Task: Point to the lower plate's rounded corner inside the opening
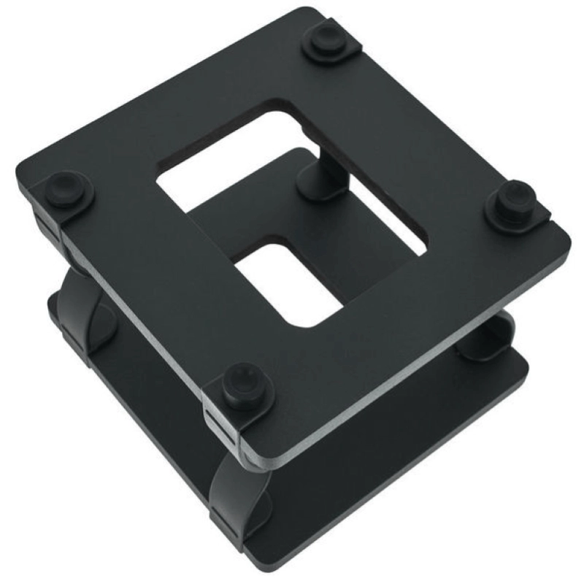pos(259,245)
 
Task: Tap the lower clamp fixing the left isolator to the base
pos(73,339)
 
